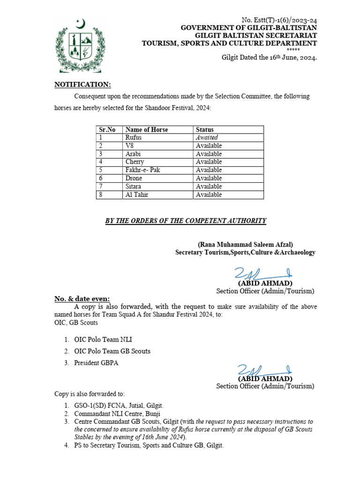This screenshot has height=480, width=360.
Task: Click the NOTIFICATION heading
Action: click(x=83, y=84)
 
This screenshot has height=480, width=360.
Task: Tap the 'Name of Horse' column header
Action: click(x=147, y=129)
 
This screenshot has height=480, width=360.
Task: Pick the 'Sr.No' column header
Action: click(x=107, y=129)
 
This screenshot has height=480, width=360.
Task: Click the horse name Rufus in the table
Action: click(x=133, y=137)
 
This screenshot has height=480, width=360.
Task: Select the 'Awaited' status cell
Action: click(x=207, y=137)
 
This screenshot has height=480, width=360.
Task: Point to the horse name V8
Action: click(x=130, y=146)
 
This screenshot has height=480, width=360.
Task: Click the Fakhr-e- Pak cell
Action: click(x=142, y=170)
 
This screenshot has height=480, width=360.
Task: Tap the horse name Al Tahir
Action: click(x=137, y=195)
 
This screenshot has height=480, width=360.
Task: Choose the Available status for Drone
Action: click(x=209, y=178)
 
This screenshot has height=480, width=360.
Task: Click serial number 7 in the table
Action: click(x=101, y=187)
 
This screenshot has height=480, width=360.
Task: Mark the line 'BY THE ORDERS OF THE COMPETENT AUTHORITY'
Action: click(x=186, y=221)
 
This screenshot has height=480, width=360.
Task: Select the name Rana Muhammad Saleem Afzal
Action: click(x=245, y=244)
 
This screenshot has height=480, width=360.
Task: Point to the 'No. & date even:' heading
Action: click(x=82, y=299)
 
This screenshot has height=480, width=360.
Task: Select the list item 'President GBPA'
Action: click(x=96, y=362)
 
